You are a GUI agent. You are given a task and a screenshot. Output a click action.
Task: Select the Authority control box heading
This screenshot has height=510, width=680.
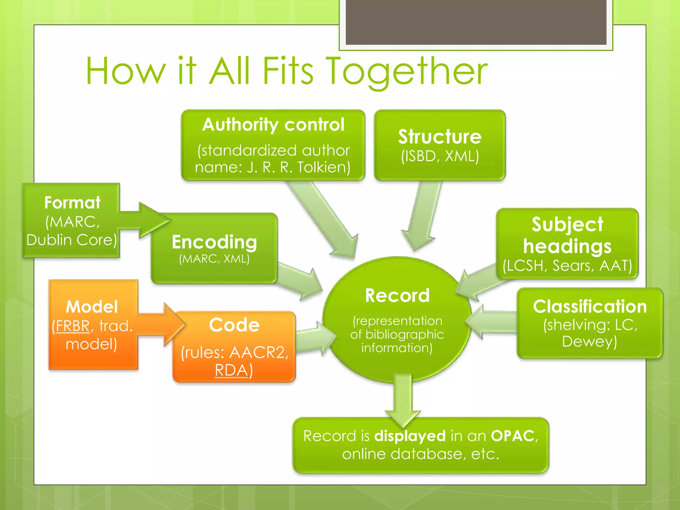pyautogui.click(x=273, y=125)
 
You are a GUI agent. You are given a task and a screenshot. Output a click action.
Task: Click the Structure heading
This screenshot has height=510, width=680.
pyautogui.click(x=440, y=137)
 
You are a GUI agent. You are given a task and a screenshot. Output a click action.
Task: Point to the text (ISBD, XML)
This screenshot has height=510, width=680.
pyautogui.click(x=440, y=156)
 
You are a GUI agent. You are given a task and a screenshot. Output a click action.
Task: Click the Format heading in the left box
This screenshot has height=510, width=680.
pyautogui.click(x=72, y=203)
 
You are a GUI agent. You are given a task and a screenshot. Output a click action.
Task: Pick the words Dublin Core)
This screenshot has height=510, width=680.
pyautogui.click(x=71, y=240)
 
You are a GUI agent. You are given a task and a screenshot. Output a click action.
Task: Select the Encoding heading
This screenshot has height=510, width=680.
pyautogui.click(x=214, y=242)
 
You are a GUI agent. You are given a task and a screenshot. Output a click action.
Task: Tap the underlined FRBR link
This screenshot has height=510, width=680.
pyautogui.click(x=73, y=326)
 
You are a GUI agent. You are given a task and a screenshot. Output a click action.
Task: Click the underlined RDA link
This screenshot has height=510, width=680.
pyautogui.click(x=231, y=370)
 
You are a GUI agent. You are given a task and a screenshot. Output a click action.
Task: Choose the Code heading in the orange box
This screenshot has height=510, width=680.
pyautogui.click(x=234, y=325)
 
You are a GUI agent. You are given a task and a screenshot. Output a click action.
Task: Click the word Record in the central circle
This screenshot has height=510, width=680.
pyautogui.click(x=397, y=296)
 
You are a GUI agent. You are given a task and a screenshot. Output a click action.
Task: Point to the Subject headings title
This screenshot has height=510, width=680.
pyautogui.click(x=567, y=235)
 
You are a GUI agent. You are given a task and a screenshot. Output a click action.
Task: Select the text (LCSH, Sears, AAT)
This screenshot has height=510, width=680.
pyautogui.click(x=567, y=266)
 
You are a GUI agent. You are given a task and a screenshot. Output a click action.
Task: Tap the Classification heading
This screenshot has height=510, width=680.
pyautogui.click(x=590, y=306)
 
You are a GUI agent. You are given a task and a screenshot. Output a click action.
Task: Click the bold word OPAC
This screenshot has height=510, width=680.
pyautogui.click(x=512, y=436)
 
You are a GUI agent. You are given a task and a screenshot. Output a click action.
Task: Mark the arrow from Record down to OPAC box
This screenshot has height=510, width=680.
pyautogui.click(x=403, y=400)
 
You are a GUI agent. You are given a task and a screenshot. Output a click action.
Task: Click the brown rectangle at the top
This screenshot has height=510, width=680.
pyautogui.click(x=476, y=22)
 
